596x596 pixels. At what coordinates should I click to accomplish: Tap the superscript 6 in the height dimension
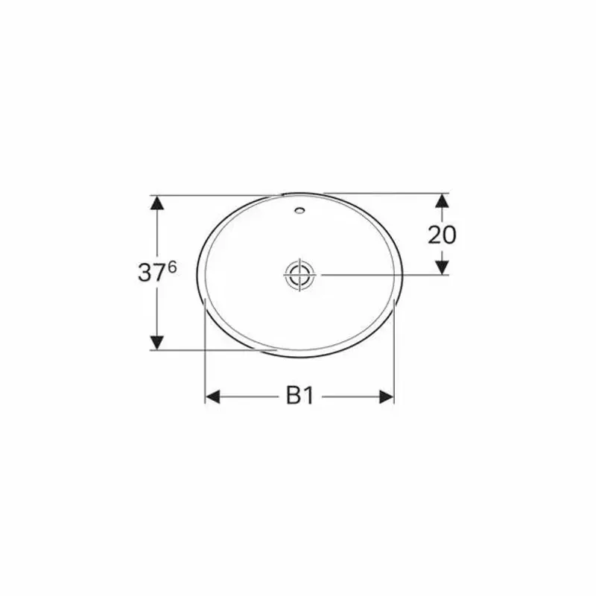coord(172,267)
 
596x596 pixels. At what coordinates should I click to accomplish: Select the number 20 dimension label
coord(442,235)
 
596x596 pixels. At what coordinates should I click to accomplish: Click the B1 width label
coord(299,396)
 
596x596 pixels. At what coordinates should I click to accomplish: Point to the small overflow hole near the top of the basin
coord(299,211)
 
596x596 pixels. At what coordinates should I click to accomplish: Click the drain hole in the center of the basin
coord(300,274)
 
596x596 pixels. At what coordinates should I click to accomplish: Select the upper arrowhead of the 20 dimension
coord(442,201)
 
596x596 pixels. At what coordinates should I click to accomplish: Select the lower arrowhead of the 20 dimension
coord(442,267)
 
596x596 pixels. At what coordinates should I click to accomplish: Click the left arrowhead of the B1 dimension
coord(213,396)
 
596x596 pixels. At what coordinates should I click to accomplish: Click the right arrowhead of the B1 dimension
coord(386,396)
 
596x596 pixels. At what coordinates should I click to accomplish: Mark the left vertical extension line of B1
coord(205,358)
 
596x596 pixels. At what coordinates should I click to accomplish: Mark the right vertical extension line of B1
coord(394,358)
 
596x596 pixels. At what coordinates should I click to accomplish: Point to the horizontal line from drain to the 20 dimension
coord(380,274)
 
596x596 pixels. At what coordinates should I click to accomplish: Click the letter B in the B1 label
coord(293,396)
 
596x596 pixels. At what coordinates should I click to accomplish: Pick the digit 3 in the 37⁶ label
coord(145,273)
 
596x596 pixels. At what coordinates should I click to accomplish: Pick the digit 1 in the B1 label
coord(308,396)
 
